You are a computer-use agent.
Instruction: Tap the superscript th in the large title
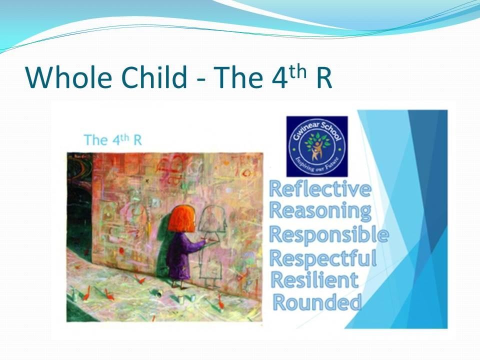tap(298, 71)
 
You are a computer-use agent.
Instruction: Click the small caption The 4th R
tap(113, 140)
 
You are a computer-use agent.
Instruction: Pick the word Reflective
tap(320, 189)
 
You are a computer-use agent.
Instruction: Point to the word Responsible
tap(329, 235)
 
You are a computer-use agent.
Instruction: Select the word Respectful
tap(323, 258)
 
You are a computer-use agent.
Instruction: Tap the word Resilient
tap(314, 280)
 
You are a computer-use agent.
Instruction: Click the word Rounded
tap(317, 302)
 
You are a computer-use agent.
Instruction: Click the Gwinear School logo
tap(317, 146)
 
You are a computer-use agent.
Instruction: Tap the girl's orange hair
tap(181, 219)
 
